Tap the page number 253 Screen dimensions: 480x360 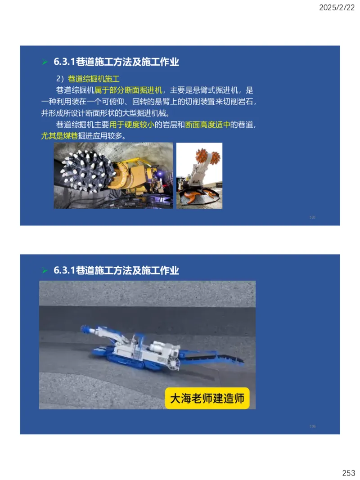[348, 473]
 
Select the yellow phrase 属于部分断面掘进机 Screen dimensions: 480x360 [128, 90]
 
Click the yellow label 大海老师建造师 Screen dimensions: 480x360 [207, 398]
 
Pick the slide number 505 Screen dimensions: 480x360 [312, 217]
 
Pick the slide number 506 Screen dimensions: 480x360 [312, 426]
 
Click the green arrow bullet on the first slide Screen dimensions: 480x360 [45, 62]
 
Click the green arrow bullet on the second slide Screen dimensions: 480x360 [45, 271]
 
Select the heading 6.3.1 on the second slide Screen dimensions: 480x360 [116, 270]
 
